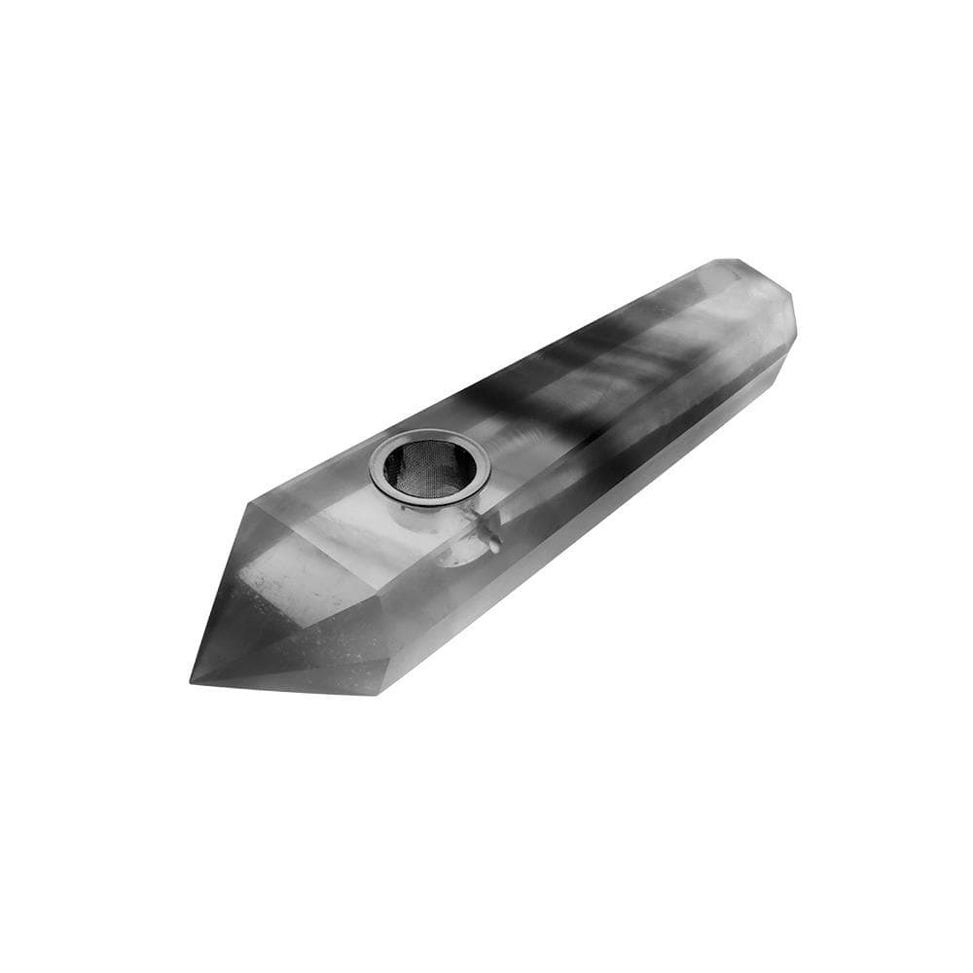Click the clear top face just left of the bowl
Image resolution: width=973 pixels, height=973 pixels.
click(331, 506)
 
